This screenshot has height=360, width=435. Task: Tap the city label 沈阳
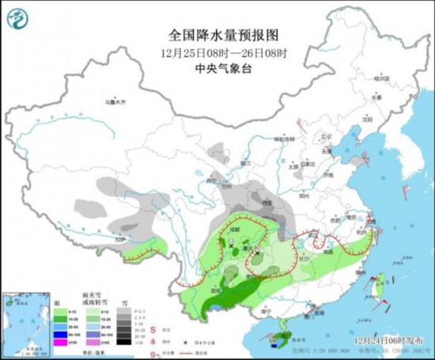365,120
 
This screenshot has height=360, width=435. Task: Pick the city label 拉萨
119,238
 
